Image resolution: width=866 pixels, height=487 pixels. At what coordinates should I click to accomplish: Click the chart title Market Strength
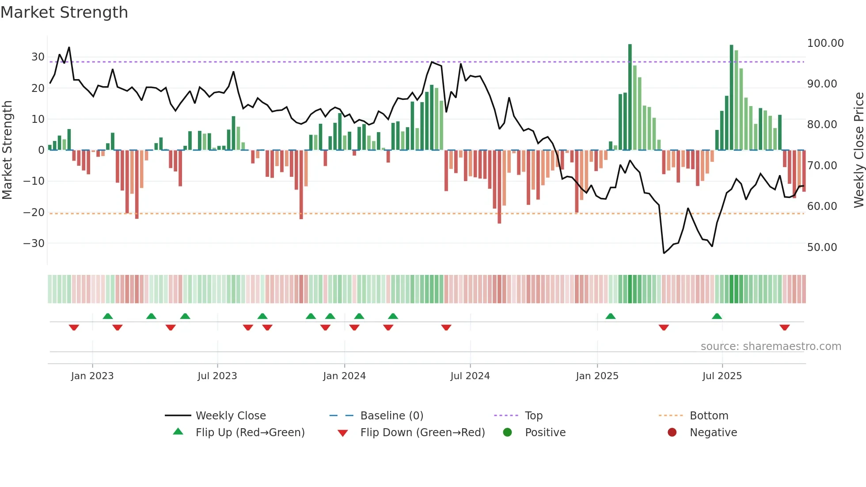(65, 12)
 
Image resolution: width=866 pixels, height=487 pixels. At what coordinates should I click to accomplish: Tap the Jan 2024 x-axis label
(344, 376)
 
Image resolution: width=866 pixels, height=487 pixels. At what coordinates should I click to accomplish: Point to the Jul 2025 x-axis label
(722, 376)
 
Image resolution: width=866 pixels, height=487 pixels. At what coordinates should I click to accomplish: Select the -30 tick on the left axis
(34, 243)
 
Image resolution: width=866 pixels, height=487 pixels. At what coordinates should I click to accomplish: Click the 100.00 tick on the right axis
(825, 43)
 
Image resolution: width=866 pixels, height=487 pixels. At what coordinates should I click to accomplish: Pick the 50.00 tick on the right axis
(822, 247)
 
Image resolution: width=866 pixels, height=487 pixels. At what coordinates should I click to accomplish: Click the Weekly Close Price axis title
(858, 150)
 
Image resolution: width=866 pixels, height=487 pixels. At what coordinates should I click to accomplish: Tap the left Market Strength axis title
(7, 150)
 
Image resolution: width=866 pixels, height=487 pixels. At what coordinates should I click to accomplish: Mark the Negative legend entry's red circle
(672, 433)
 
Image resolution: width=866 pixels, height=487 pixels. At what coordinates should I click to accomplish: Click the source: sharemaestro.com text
(771, 346)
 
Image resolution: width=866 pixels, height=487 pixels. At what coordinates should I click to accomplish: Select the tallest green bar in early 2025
(630, 97)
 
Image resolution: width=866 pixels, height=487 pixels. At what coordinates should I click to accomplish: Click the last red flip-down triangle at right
(784, 327)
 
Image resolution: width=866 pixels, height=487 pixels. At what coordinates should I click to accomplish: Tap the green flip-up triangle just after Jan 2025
(610, 316)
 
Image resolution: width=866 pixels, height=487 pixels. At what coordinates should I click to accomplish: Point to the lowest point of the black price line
(664, 253)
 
